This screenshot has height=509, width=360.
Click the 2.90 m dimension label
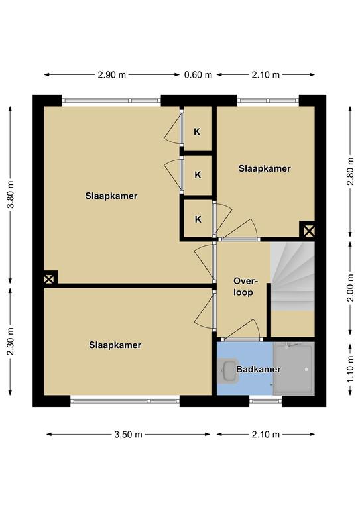112,75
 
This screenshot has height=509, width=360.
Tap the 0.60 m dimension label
198,75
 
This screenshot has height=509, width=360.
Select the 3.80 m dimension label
11,194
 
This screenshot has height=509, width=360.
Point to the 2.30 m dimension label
11,341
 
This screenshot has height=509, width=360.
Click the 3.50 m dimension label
128,434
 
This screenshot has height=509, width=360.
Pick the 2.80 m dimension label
350,171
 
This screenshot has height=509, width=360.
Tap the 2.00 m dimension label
350,288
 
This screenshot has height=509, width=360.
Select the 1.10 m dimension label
350,369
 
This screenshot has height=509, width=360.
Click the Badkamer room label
259,369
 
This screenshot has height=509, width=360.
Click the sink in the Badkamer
228,370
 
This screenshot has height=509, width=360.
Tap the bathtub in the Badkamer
294,368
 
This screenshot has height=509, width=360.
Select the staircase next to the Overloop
292,276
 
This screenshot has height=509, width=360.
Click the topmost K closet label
197,131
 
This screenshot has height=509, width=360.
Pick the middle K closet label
198,175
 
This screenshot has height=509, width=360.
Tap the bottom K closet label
198,219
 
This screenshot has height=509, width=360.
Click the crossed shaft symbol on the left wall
49,279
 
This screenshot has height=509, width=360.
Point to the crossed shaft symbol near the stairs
308,231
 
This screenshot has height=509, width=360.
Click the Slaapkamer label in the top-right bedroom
265,168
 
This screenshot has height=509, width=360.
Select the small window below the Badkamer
266,401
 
